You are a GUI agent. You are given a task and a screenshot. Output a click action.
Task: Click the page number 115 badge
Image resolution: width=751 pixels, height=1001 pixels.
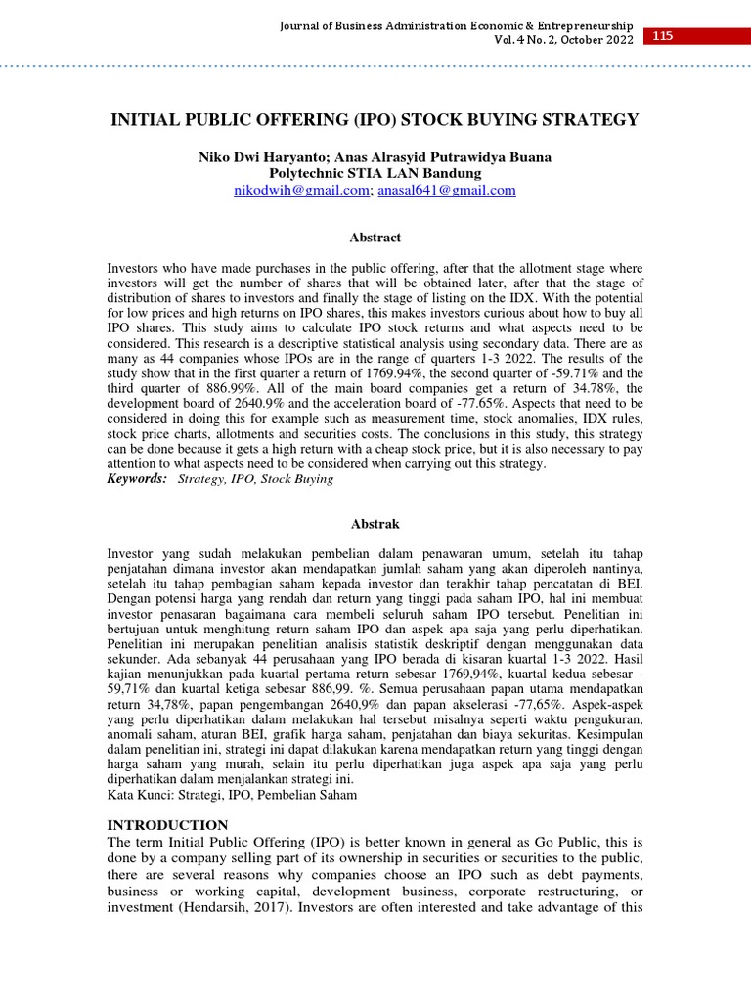(x=663, y=37)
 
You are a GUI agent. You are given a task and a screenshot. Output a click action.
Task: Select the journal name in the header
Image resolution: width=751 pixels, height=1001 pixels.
(x=455, y=24)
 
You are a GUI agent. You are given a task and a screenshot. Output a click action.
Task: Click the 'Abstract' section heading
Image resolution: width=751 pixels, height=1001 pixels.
(x=375, y=238)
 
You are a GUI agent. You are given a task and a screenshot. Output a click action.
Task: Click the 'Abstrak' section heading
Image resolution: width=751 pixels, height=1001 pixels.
(x=375, y=524)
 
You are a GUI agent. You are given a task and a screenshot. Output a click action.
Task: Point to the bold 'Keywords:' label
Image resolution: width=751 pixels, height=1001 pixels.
(x=137, y=479)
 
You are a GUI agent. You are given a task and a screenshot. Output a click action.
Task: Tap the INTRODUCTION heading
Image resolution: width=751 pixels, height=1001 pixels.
(x=167, y=825)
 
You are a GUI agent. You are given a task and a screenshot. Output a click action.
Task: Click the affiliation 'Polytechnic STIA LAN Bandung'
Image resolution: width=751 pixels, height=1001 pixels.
(x=375, y=173)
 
